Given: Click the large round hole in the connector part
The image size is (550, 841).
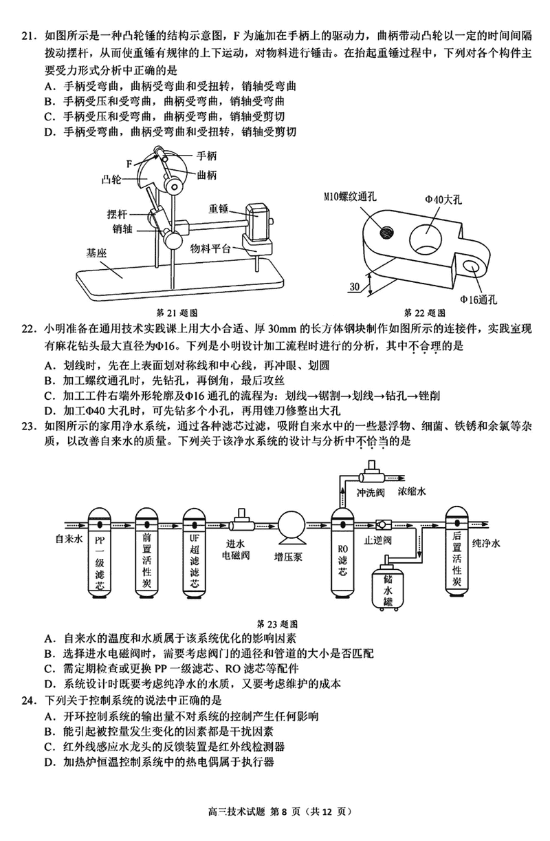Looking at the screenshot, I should (426, 240).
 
